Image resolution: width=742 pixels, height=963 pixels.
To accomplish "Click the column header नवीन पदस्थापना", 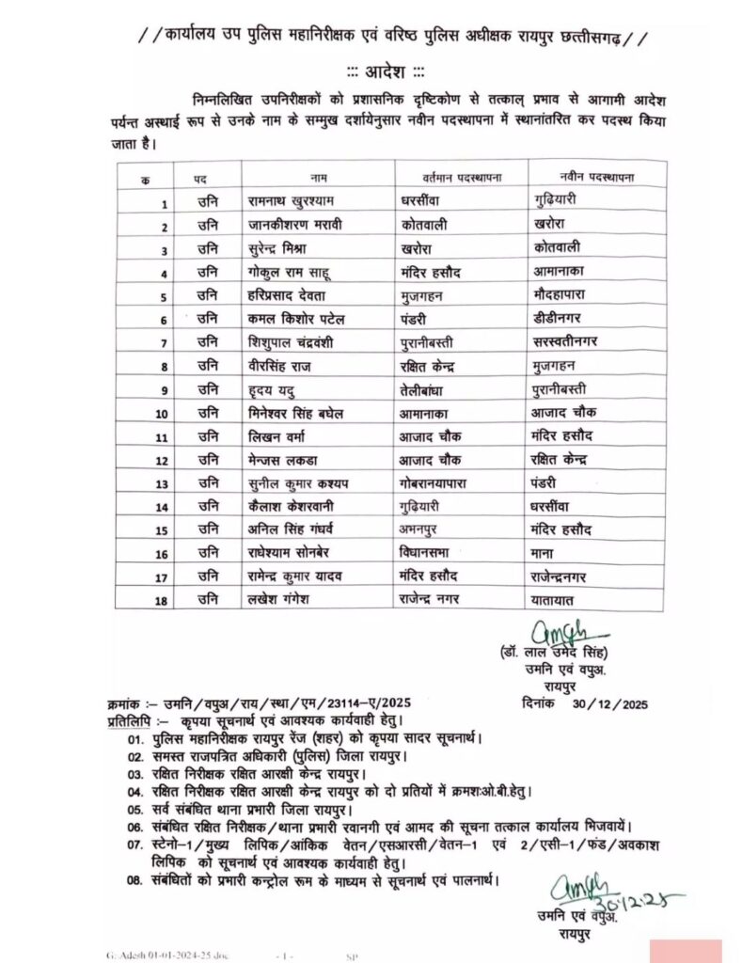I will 595,177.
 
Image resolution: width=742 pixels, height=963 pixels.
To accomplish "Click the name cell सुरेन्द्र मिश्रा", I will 282,249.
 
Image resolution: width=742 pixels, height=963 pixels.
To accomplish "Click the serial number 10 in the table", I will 161,414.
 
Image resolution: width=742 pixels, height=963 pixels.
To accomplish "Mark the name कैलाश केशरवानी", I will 294,507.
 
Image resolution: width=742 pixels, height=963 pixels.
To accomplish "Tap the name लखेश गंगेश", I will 279,600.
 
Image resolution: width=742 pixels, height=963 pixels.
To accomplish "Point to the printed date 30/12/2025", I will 613,703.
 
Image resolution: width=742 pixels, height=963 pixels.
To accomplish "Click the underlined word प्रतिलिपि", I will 131,719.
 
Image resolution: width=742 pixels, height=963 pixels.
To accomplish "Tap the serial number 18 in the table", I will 161,600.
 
